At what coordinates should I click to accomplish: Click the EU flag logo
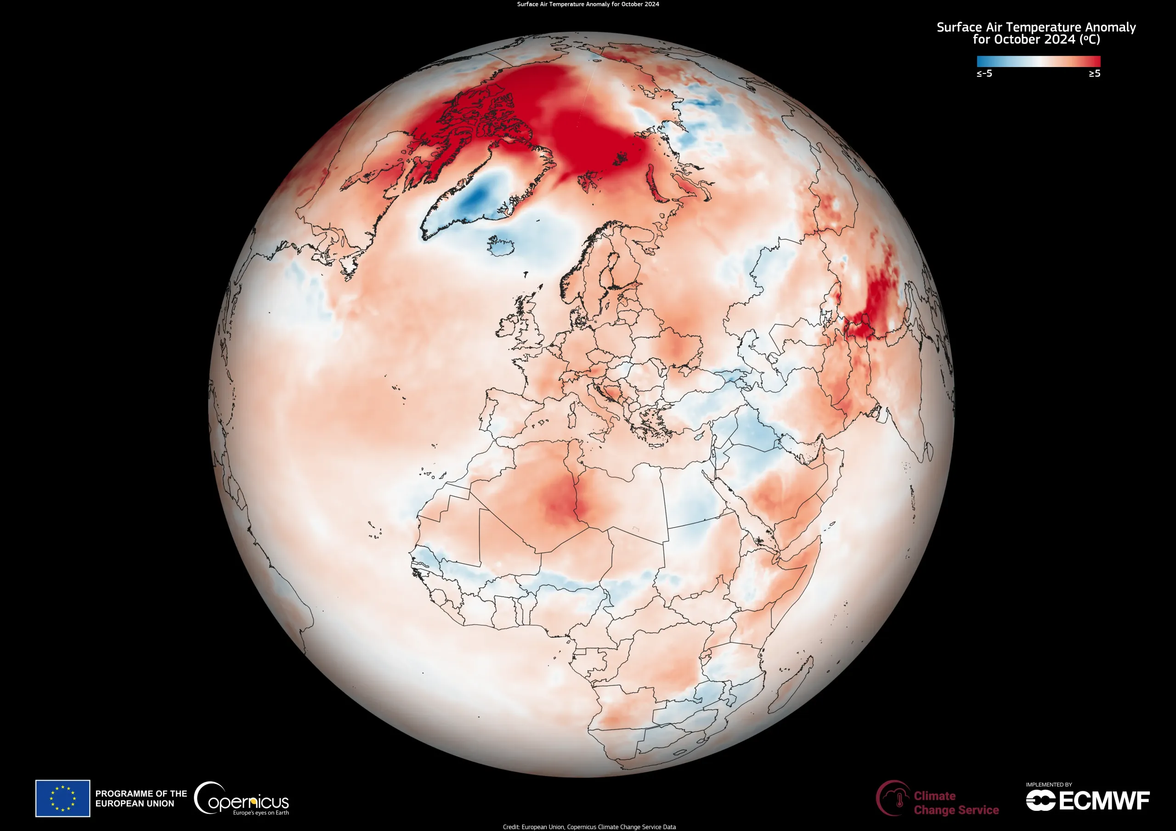point(62,798)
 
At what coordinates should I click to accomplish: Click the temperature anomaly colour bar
point(1038,62)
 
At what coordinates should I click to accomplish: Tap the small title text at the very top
point(588,4)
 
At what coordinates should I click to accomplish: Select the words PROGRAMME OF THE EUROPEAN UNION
point(141,798)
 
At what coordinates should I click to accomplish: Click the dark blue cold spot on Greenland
point(474,197)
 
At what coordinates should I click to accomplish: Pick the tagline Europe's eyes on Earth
point(261,813)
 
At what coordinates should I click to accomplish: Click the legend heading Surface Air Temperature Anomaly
point(1036,28)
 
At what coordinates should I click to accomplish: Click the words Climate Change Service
point(956,803)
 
